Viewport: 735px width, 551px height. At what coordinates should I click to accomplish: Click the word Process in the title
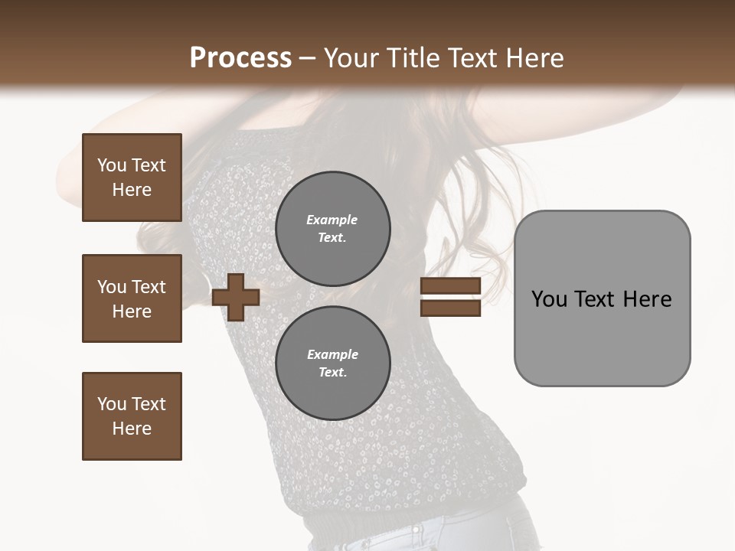[x=240, y=58]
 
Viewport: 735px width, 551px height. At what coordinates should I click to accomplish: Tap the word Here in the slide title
[x=531, y=58]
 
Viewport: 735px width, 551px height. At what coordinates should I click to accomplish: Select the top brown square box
[x=132, y=178]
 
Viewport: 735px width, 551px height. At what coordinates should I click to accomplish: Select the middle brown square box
[x=132, y=298]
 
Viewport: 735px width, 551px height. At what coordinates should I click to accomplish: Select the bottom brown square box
[x=132, y=416]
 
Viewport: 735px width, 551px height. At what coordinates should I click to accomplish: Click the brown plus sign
[x=236, y=297]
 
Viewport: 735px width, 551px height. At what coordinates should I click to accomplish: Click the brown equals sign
[x=450, y=297]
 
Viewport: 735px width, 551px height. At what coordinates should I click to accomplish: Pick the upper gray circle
[x=333, y=229]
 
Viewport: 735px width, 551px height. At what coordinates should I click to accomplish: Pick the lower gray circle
[x=333, y=364]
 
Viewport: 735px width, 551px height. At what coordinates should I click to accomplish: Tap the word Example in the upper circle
[x=332, y=220]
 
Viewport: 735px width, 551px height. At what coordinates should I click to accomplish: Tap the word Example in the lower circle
[x=332, y=354]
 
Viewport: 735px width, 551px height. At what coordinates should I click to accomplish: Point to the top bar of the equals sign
[x=450, y=285]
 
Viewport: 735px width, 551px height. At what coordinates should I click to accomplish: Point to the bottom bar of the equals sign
[x=450, y=308]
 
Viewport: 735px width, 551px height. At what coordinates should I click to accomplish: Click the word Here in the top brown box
[x=132, y=190]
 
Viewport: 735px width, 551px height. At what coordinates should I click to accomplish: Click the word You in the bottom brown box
[x=112, y=404]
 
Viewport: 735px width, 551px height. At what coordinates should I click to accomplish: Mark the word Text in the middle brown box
[x=148, y=287]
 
